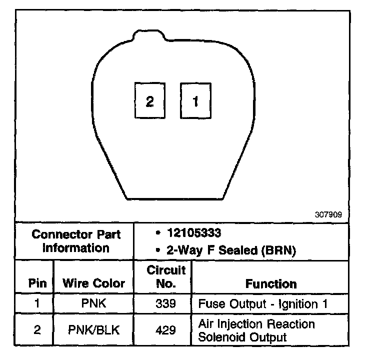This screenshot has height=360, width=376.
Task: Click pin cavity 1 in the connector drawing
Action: coord(195,101)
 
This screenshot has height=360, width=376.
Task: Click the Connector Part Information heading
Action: coord(76,241)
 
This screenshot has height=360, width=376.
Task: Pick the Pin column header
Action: coord(38,283)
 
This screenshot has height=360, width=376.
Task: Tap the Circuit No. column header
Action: coord(166,277)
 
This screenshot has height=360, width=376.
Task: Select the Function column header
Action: coord(271,284)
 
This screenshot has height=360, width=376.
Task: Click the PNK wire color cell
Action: coord(94,304)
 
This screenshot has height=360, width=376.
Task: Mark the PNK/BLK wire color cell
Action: coord(94,330)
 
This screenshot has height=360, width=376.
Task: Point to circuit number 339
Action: coord(165,304)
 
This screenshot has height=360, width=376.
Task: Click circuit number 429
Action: coord(165,330)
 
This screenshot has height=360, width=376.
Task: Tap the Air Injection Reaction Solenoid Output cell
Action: coord(256,330)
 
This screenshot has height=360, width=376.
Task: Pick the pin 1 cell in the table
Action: coord(37,304)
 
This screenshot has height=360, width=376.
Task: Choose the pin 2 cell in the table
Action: coord(37,330)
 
